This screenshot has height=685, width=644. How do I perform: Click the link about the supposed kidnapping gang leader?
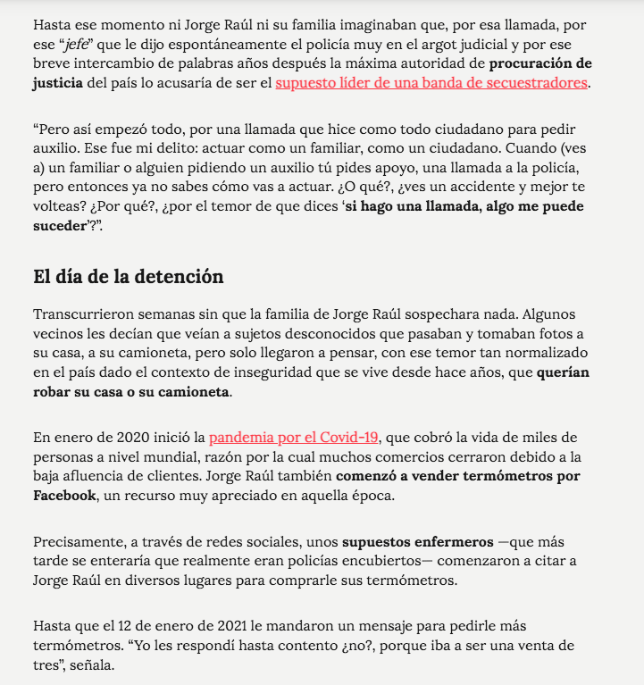pyautogui.click(x=431, y=83)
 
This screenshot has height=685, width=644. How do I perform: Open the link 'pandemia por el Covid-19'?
pyautogui.click(x=295, y=437)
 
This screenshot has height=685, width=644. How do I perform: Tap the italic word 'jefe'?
pyautogui.click(x=82, y=44)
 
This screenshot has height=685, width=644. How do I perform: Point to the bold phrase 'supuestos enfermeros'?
pyautogui.click(x=417, y=542)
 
